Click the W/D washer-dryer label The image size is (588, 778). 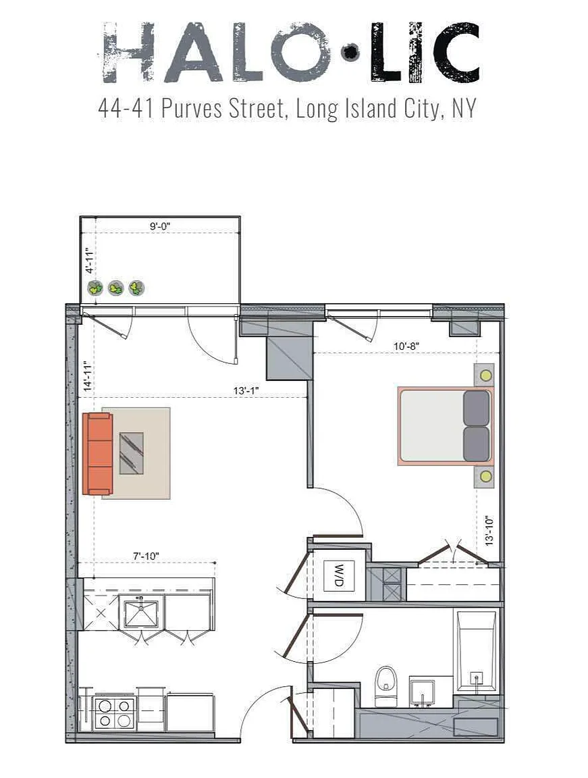pos(339,575)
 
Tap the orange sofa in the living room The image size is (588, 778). pos(98,454)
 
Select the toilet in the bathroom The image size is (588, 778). pos(385,686)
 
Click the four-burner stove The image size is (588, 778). pos(115,713)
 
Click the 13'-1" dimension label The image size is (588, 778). pos(246,391)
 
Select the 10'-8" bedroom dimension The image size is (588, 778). pos(406,346)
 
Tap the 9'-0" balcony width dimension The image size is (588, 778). pos(159,226)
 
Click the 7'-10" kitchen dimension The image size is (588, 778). pos(146,556)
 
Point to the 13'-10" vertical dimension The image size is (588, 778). pos(489,530)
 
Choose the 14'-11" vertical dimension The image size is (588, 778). pos(88,376)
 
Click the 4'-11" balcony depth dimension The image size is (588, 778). pos(90,261)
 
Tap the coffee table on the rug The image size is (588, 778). pos(132,453)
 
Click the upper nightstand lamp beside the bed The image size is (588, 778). pos(486,375)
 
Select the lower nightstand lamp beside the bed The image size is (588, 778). pos(486,477)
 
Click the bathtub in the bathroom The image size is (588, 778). pos(476,650)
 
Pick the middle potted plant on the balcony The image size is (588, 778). pos(116,287)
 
